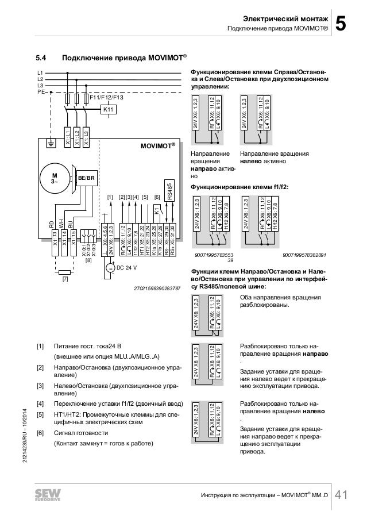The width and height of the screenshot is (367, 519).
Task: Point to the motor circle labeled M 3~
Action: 55,178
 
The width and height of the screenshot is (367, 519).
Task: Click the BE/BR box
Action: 86,179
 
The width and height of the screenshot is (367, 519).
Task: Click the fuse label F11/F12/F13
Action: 107,98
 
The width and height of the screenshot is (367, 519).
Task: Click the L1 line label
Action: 40,73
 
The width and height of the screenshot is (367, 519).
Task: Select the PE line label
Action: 41,91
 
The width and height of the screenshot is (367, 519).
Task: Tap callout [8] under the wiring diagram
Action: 88,260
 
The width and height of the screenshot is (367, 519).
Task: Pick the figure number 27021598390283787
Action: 156,287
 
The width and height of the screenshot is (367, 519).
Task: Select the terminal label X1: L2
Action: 76,133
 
